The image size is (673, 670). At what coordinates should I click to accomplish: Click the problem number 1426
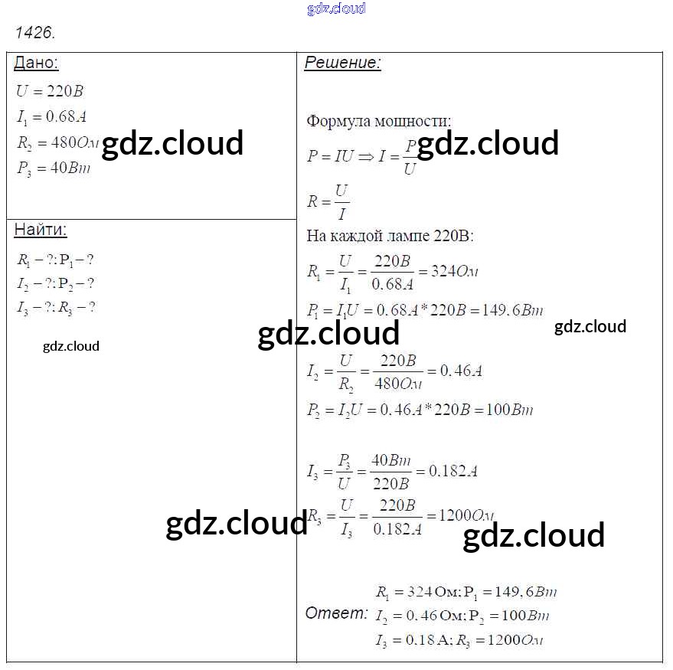pyautogui.click(x=35, y=33)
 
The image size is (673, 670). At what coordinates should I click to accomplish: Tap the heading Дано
pyautogui.click(x=36, y=63)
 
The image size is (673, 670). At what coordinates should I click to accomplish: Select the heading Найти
pyautogui.click(x=41, y=230)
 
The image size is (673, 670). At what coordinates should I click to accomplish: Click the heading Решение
pyautogui.click(x=342, y=63)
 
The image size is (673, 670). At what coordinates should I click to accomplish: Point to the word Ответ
pyautogui.click(x=336, y=613)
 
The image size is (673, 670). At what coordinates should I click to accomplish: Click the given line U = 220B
pyautogui.click(x=50, y=91)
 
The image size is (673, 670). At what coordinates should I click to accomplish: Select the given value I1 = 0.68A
pyautogui.click(x=50, y=116)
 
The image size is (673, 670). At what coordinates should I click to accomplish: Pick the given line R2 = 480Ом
pyautogui.click(x=58, y=142)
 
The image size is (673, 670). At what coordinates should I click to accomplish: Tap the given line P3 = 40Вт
pyautogui.click(x=53, y=168)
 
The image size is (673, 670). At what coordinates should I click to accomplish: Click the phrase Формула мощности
pyautogui.click(x=378, y=121)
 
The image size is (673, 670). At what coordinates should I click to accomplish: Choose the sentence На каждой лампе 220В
pyautogui.click(x=390, y=236)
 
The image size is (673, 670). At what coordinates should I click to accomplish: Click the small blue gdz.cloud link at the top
pyautogui.click(x=336, y=8)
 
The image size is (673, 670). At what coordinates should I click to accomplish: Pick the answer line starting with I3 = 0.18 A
pyautogui.click(x=459, y=640)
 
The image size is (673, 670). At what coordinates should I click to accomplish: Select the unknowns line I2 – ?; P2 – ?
pyautogui.click(x=55, y=283)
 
